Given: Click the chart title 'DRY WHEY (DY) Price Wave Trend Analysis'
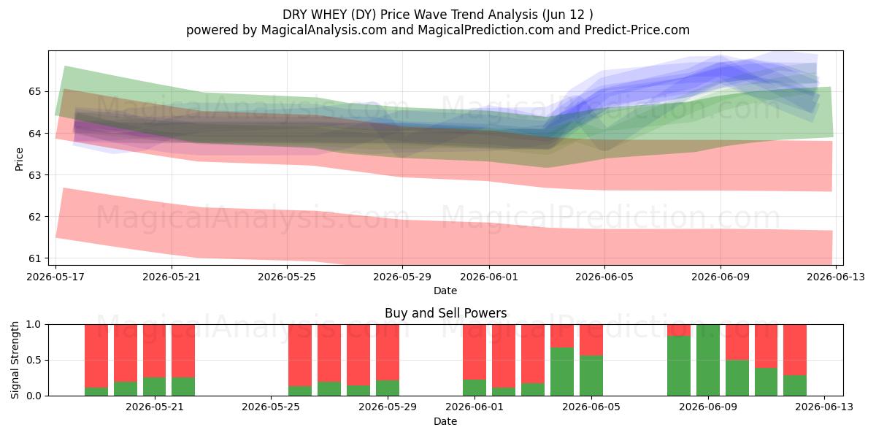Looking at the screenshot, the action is tap(410, 15).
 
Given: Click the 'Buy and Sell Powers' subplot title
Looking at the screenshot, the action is tap(445, 313).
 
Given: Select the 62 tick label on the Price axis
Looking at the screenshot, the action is tap(34, 217).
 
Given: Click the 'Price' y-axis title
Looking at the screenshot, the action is tap(19, 159).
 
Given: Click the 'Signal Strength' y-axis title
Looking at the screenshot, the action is tap(15, 360).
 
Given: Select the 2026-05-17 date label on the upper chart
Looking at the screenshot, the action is tap(55, 277).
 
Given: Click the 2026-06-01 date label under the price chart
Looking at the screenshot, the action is tap(489, 277).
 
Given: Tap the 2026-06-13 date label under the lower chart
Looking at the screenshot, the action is tap(824, 407).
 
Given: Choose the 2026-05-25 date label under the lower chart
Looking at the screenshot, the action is tap(271, 407).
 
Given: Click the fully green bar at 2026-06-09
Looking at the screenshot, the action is tap(708, 360).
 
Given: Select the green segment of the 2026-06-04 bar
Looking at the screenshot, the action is tap(562, 372).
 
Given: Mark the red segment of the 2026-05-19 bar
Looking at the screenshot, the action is tap(126, 353).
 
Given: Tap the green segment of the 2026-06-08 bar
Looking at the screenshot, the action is tap(679, 366).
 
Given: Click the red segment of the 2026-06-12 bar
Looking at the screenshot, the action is tap(795, 350).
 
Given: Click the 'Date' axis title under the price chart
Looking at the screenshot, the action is tap(445, 291).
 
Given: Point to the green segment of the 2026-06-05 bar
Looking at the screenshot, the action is tap(591, 375).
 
